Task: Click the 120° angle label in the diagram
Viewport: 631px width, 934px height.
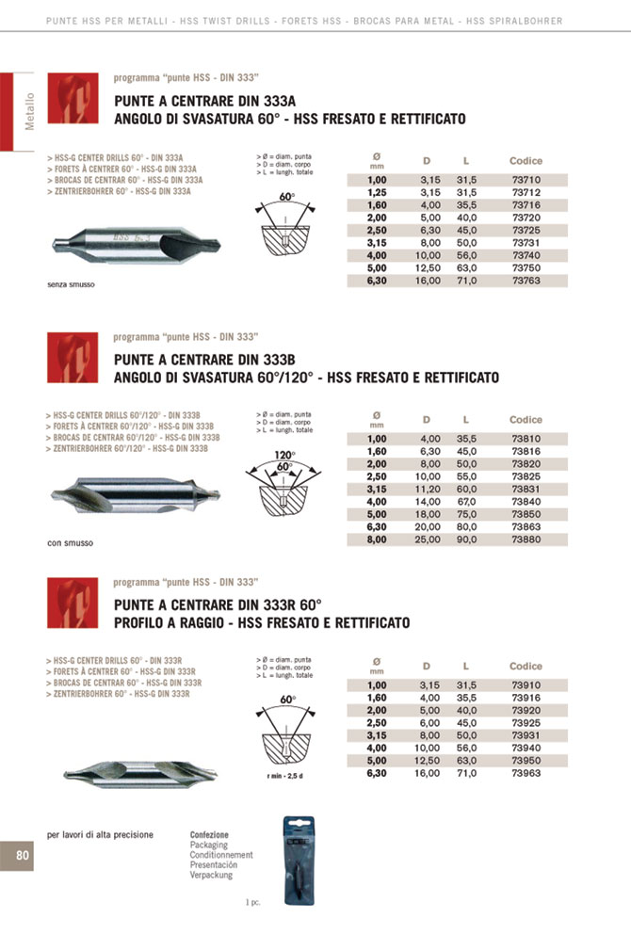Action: point(284,456)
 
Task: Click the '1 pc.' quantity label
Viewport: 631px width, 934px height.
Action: point(251,902)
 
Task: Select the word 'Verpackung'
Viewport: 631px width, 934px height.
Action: point(211,875)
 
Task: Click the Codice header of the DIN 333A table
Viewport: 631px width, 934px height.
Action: point(526,161)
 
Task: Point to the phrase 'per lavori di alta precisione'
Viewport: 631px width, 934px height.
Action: point(100,835)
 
